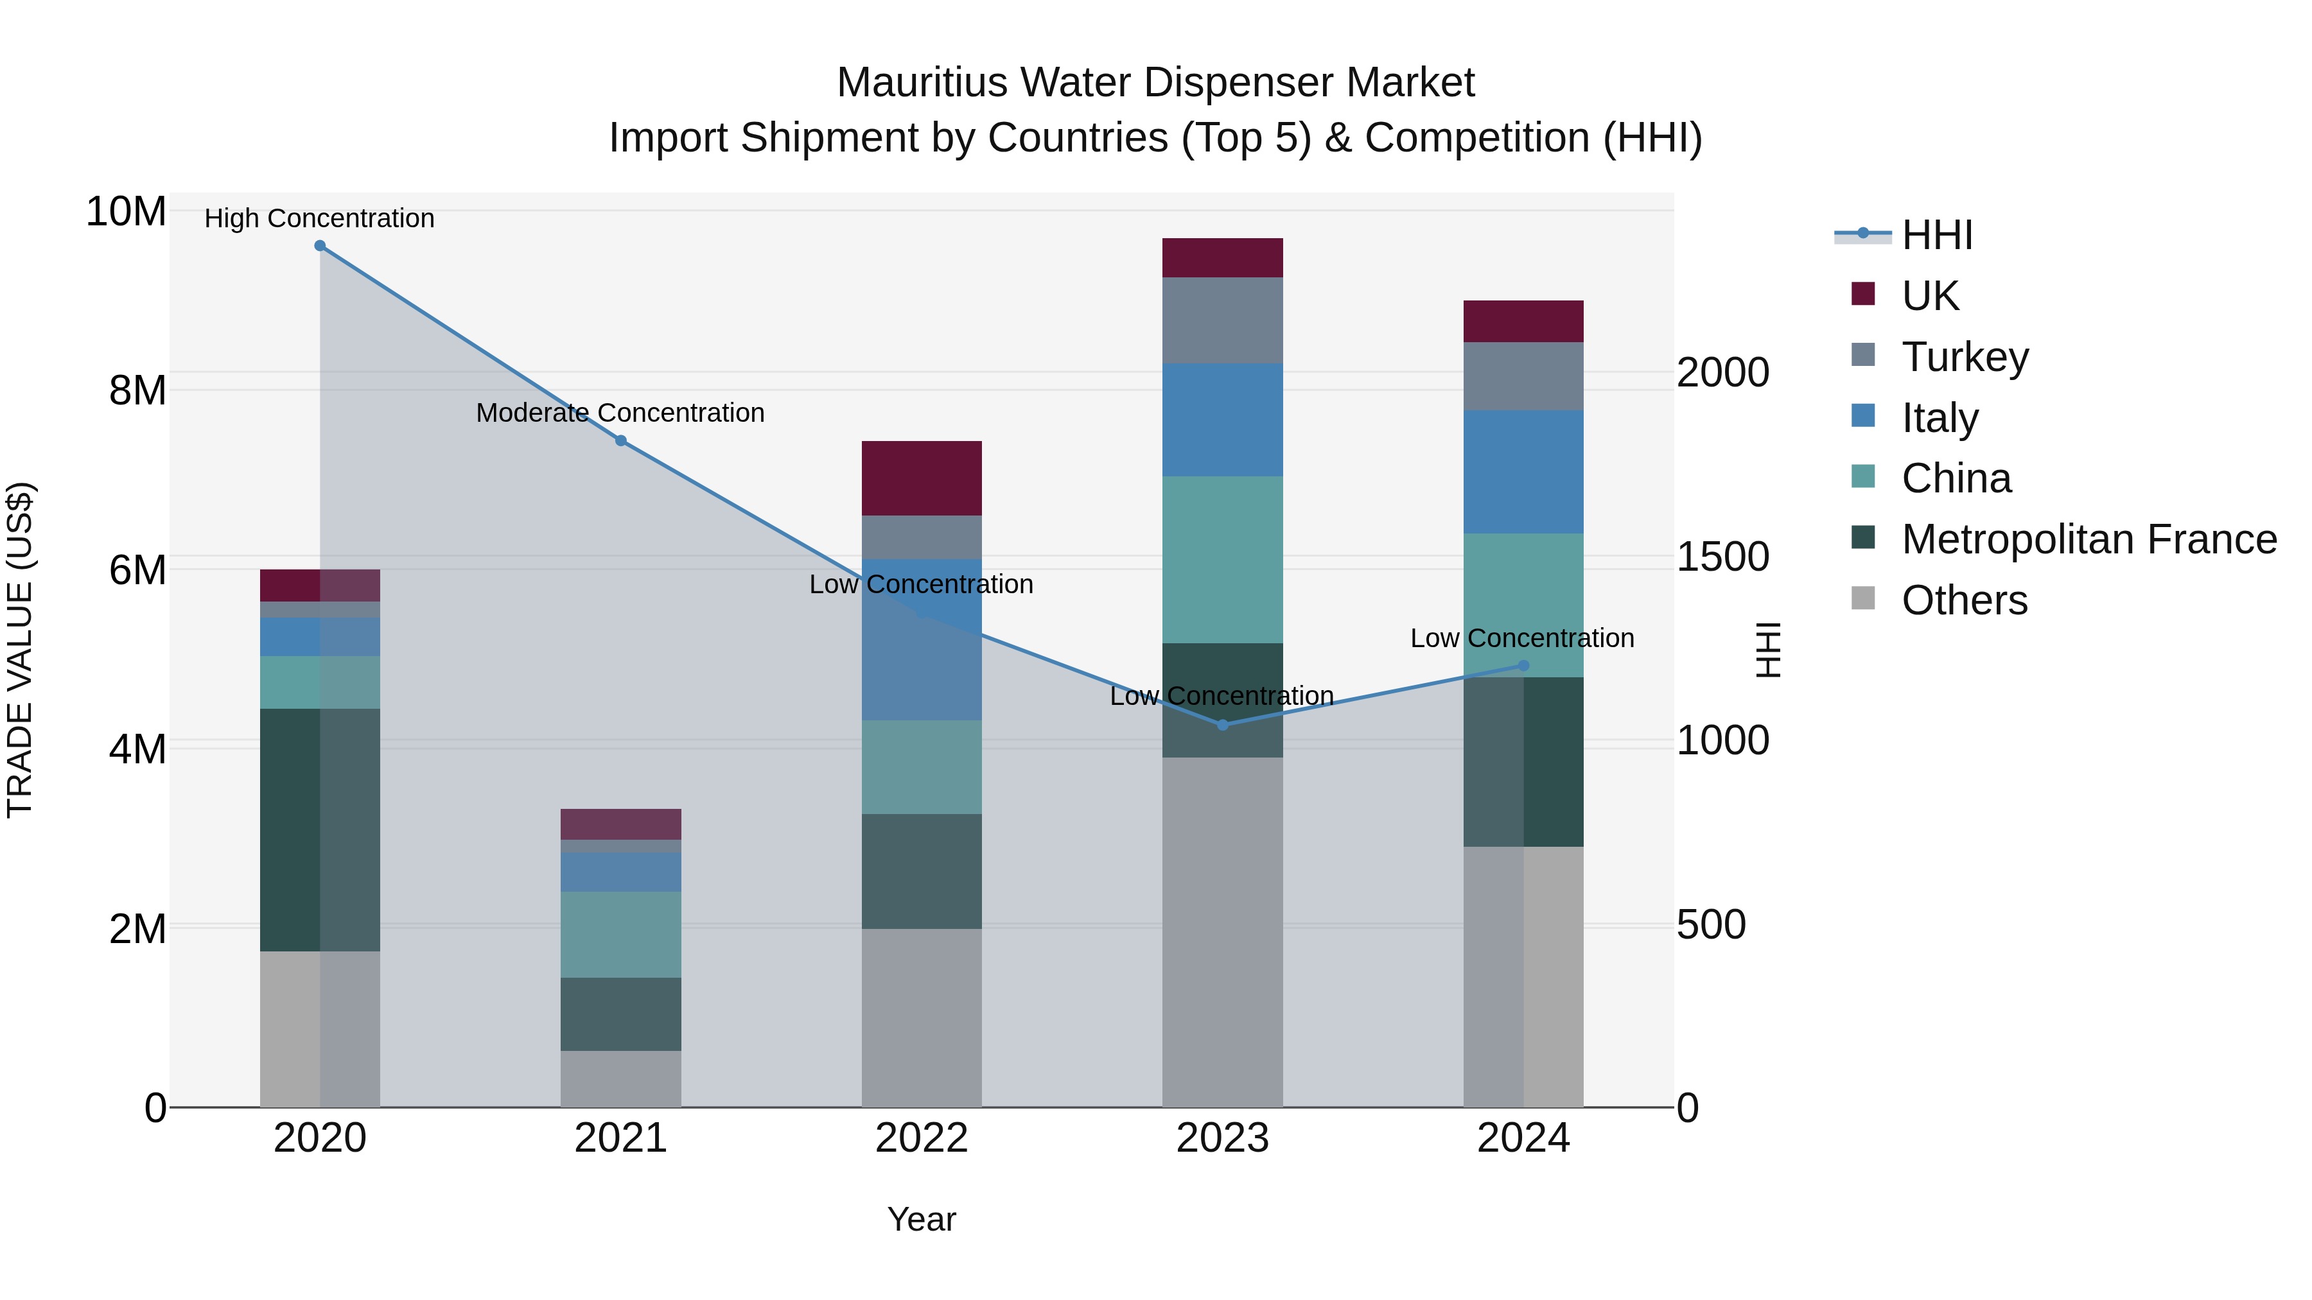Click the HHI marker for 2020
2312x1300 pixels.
click(x=320, y=246)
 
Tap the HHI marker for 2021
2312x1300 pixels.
click(x=621, y=440)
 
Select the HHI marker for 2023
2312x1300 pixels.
click(x=1222, y=725)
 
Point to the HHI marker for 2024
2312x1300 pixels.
click(x=1523, y=666)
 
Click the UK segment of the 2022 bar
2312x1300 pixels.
click(x=922, y=478)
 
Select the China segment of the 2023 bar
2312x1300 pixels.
click(x=1222, y=560)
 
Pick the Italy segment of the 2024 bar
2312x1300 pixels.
click(x=1523, y=472)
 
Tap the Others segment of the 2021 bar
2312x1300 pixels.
click(x=621, y=1079)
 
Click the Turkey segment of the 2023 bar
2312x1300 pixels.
click(x=1222, y=320)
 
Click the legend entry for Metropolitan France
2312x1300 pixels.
click(x=2089, y=540)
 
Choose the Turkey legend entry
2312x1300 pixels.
click(x=1965, y=357)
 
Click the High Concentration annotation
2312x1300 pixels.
click(x=320, y=219)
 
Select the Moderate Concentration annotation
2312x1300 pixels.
click(x=620, y=413)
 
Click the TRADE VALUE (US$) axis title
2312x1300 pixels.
click(x=21, y=650)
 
